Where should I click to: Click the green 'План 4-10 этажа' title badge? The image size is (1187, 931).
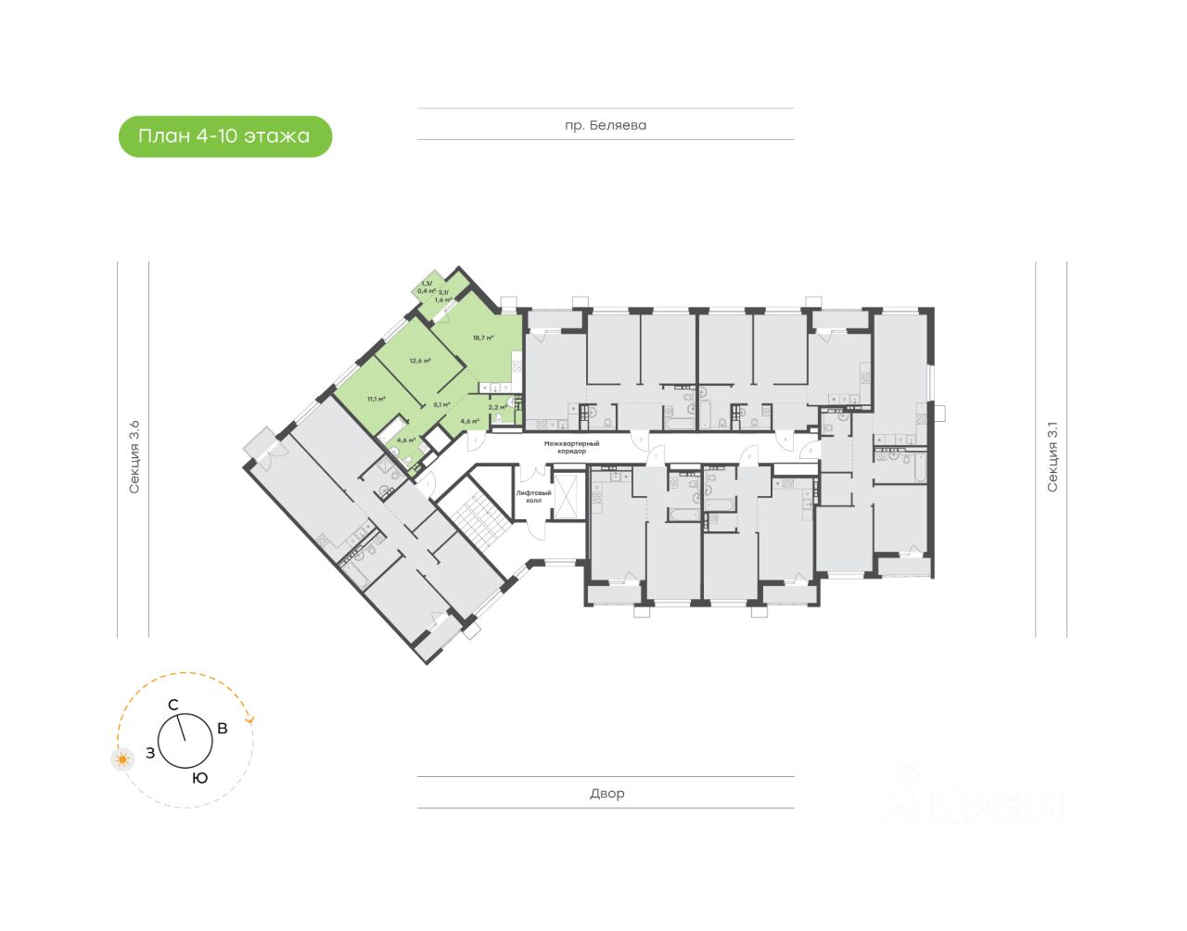click(224, 136)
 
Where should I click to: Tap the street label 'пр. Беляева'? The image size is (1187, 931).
click(606, 125)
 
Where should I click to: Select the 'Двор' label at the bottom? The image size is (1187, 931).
click(606, 794)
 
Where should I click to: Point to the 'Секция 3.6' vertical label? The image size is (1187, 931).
click(134, 456)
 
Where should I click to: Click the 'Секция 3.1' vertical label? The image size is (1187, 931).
click(1052, 456)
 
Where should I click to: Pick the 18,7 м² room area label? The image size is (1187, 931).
click(482, 338)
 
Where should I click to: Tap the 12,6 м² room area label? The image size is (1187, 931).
click(420, 361)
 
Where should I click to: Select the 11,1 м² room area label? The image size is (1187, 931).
click(376, 399)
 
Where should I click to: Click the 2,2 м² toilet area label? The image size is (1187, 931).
click(498, 407)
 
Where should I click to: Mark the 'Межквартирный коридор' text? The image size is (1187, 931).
click(571, 447)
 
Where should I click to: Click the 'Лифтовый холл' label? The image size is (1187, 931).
click(533, 496)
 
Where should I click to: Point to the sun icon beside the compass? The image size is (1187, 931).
click(122, 759)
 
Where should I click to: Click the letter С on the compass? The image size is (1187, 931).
click(172, 706)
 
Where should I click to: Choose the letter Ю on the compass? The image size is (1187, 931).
click(200, 779)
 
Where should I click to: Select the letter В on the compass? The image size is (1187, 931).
click(223, 729)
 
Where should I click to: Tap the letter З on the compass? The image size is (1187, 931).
click(150, 754)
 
